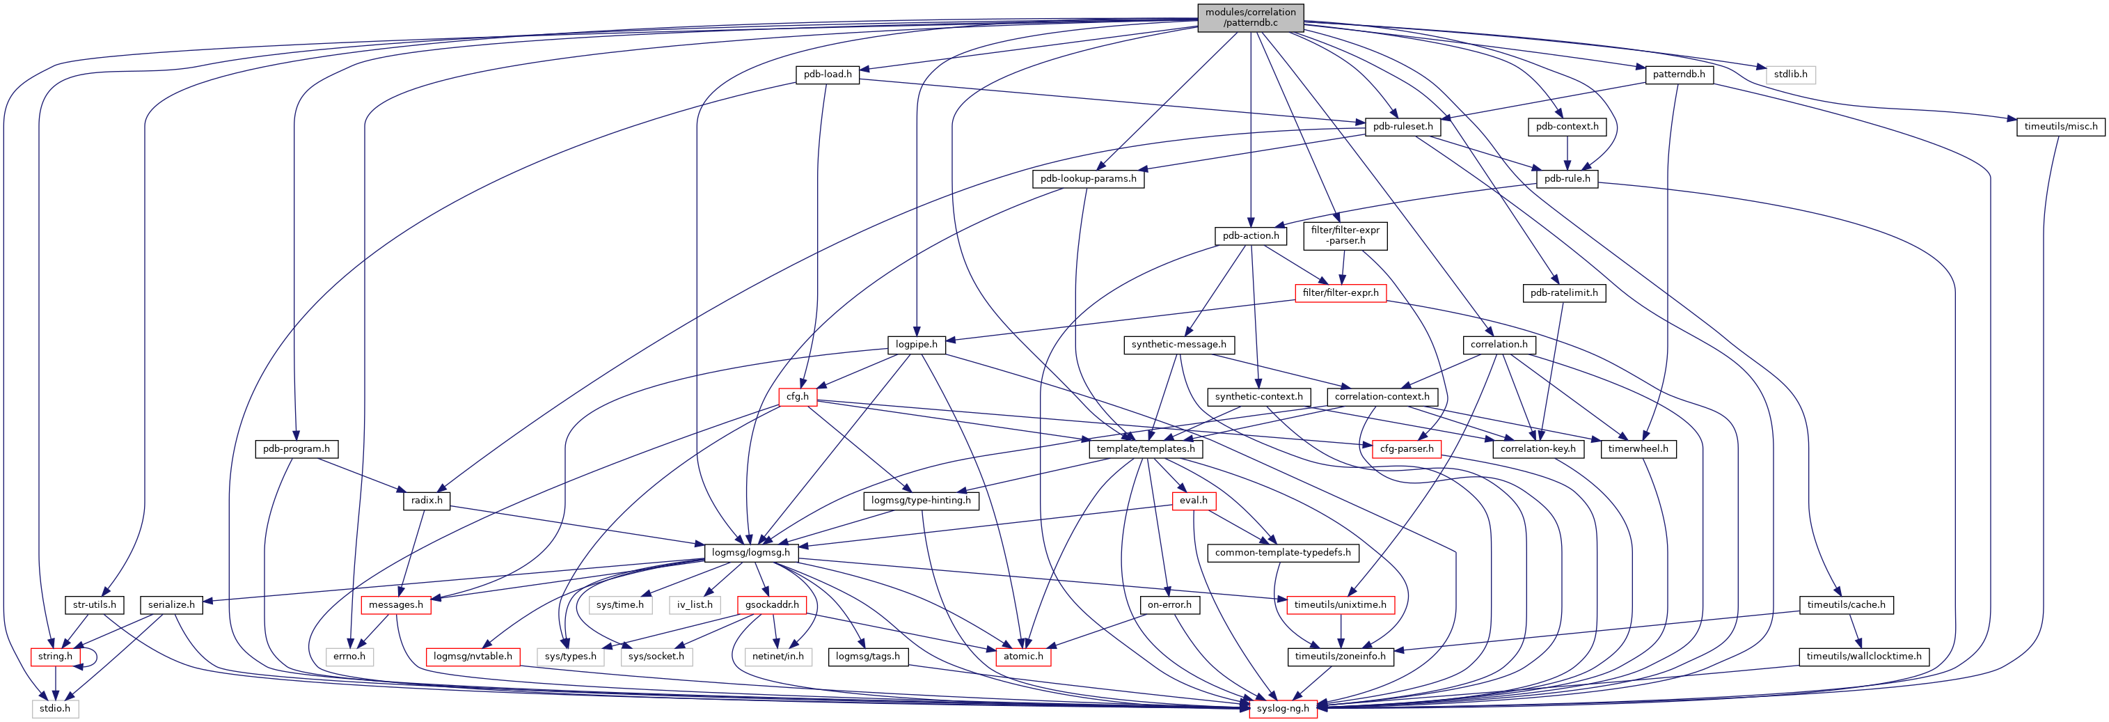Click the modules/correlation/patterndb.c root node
coord(1250,17)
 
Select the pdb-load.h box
coord(827,74)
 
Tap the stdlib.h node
coord(1790,74)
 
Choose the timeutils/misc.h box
coord(2060,127)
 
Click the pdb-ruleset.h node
coord(1403,127)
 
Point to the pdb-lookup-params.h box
coord(1088,178)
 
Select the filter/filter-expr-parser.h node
coord(1345,236)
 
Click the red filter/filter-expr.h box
coord(1341,293)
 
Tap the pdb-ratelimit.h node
coord(1564,293)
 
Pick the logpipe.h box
coord(916,345)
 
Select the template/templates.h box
coord(1146,448)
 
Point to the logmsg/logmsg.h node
coord(751,553)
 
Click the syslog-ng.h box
coord(1283,708)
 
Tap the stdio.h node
coord(56,708)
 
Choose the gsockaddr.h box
coord(772,605)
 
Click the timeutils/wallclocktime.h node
coord(1864,657)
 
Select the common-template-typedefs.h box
coord(1283,553)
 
